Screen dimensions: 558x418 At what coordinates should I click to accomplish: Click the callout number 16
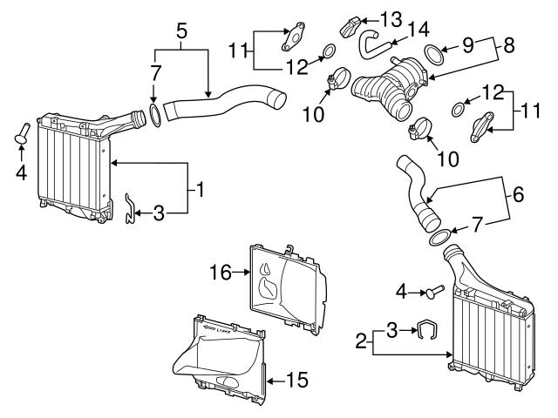[221, 273]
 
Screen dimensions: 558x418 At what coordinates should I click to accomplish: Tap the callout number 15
[297, 381]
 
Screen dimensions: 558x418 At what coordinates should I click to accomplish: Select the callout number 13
[391, 19]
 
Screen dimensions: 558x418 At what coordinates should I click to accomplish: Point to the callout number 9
[468, 45]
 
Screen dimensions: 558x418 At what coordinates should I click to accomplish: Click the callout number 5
[181, 31]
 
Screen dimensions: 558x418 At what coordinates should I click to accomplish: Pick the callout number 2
[361, 341]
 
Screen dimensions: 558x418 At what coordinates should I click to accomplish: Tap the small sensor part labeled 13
[350, 27]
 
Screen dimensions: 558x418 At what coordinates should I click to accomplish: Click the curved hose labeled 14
[374, 44]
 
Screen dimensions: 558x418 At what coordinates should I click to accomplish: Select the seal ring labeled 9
[433, 54]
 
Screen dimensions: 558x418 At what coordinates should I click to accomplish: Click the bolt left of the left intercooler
[23, 133]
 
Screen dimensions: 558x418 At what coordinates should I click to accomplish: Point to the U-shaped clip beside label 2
[427, 329]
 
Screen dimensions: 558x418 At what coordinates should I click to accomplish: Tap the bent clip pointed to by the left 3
[130, 209]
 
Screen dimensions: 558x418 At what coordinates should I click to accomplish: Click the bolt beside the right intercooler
[434, 292]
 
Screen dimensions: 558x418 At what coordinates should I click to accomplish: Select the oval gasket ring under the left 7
[154, 115]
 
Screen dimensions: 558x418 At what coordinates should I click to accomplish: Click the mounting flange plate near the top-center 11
[293, 37]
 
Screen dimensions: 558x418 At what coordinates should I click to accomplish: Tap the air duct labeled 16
[288, 287]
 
